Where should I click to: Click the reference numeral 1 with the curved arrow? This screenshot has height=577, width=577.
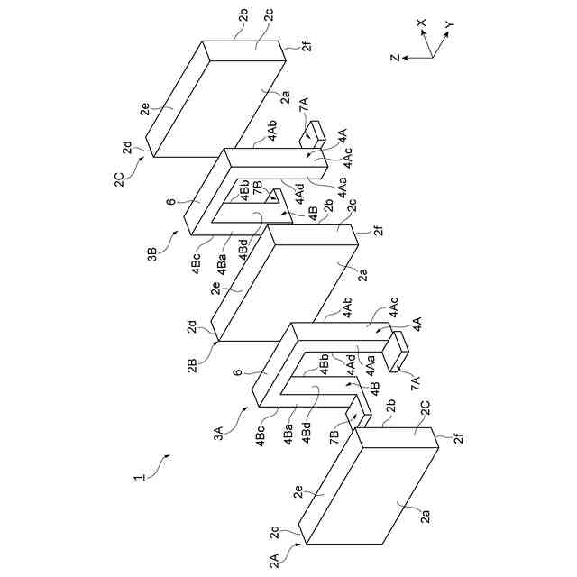(x=138, y=477)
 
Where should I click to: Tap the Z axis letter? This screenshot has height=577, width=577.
(x=395, y=58)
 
